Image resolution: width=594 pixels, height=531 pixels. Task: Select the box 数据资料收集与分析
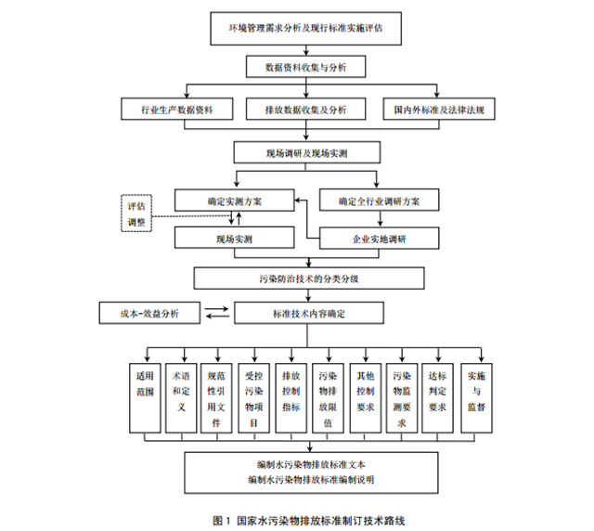click(305, 69)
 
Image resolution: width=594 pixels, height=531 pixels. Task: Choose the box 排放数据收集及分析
click(305, 110)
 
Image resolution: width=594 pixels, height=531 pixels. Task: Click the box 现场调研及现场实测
click(305, 151)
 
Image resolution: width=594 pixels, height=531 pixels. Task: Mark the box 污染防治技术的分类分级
click(305, 278)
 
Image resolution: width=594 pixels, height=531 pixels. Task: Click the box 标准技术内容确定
click(305, 314)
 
